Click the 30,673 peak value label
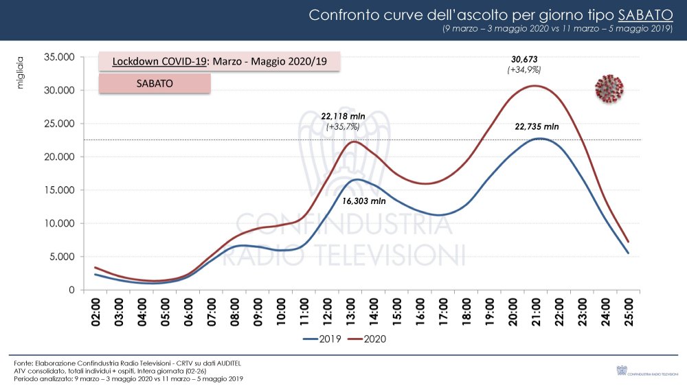523,59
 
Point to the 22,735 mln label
537,127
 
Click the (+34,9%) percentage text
523,70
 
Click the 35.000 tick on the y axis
58,57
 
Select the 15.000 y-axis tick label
58,190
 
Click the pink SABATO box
155,83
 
